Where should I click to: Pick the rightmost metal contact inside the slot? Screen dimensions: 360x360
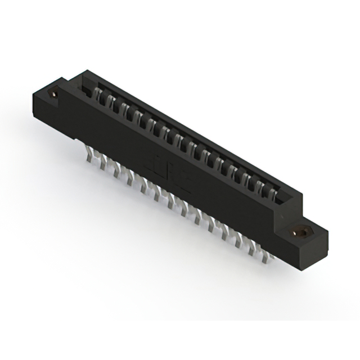click(x=272, y=195)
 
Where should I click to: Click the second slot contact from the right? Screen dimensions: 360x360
click(x=260, y=187)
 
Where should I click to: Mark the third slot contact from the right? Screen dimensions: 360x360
click(x=247, y=181)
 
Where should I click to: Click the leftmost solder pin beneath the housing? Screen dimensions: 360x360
click(x=90, y=156)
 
